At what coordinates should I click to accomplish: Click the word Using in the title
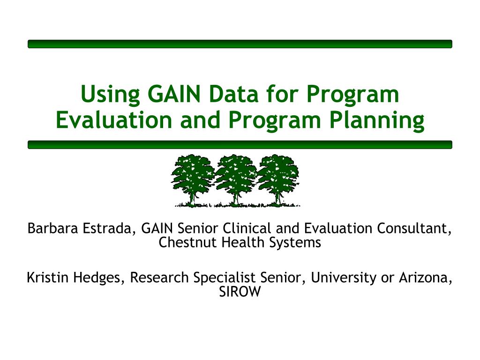click(x=110, y=95)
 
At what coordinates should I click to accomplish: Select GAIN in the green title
click(x=174, y=94)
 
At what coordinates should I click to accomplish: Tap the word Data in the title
click(x=233, y=94)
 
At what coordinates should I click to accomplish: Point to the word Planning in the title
click(x=377, y=120)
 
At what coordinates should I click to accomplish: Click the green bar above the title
click(x=240, y=44)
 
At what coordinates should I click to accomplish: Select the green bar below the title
click(x=240, y=145)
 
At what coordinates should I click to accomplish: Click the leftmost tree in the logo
click(x=193, y=180)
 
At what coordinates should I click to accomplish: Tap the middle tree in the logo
click(x=236, y=180)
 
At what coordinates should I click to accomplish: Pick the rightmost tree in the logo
click(x=278, y=180)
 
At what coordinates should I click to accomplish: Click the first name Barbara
click(x=52, y=228)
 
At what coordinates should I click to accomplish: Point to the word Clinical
click(x=247, y=228)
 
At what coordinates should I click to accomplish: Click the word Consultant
click(x=414, y=229)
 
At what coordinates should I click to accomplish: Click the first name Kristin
click(x=47, y=277)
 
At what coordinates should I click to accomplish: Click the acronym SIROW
click(x=240, y=292)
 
